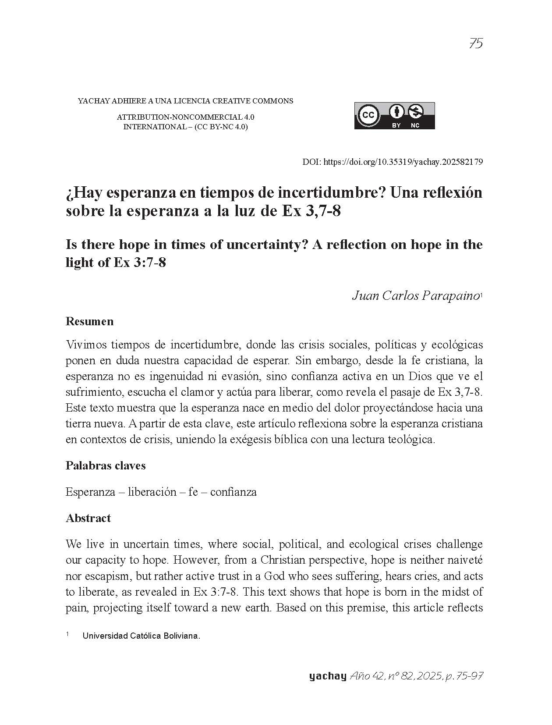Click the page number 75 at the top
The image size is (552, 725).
[x=475, y=43]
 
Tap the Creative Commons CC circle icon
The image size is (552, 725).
[x=368, y=115]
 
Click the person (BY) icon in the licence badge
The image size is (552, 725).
[x=396, y=112]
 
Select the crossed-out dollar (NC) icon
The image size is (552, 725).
[x=415, y=112]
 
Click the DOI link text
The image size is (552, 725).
[x=403, y=162]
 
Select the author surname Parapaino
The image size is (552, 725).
[x=450, y=296]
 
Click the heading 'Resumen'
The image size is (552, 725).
[x=89, y=321]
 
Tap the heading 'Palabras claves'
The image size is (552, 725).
[x=106, y=466]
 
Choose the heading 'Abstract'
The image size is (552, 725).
[x=88, y=518]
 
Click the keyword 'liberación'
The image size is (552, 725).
[x=152, y=492]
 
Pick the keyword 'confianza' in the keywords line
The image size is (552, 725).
[x=233, y=492]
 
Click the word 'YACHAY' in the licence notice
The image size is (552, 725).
[x=93, y=101]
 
